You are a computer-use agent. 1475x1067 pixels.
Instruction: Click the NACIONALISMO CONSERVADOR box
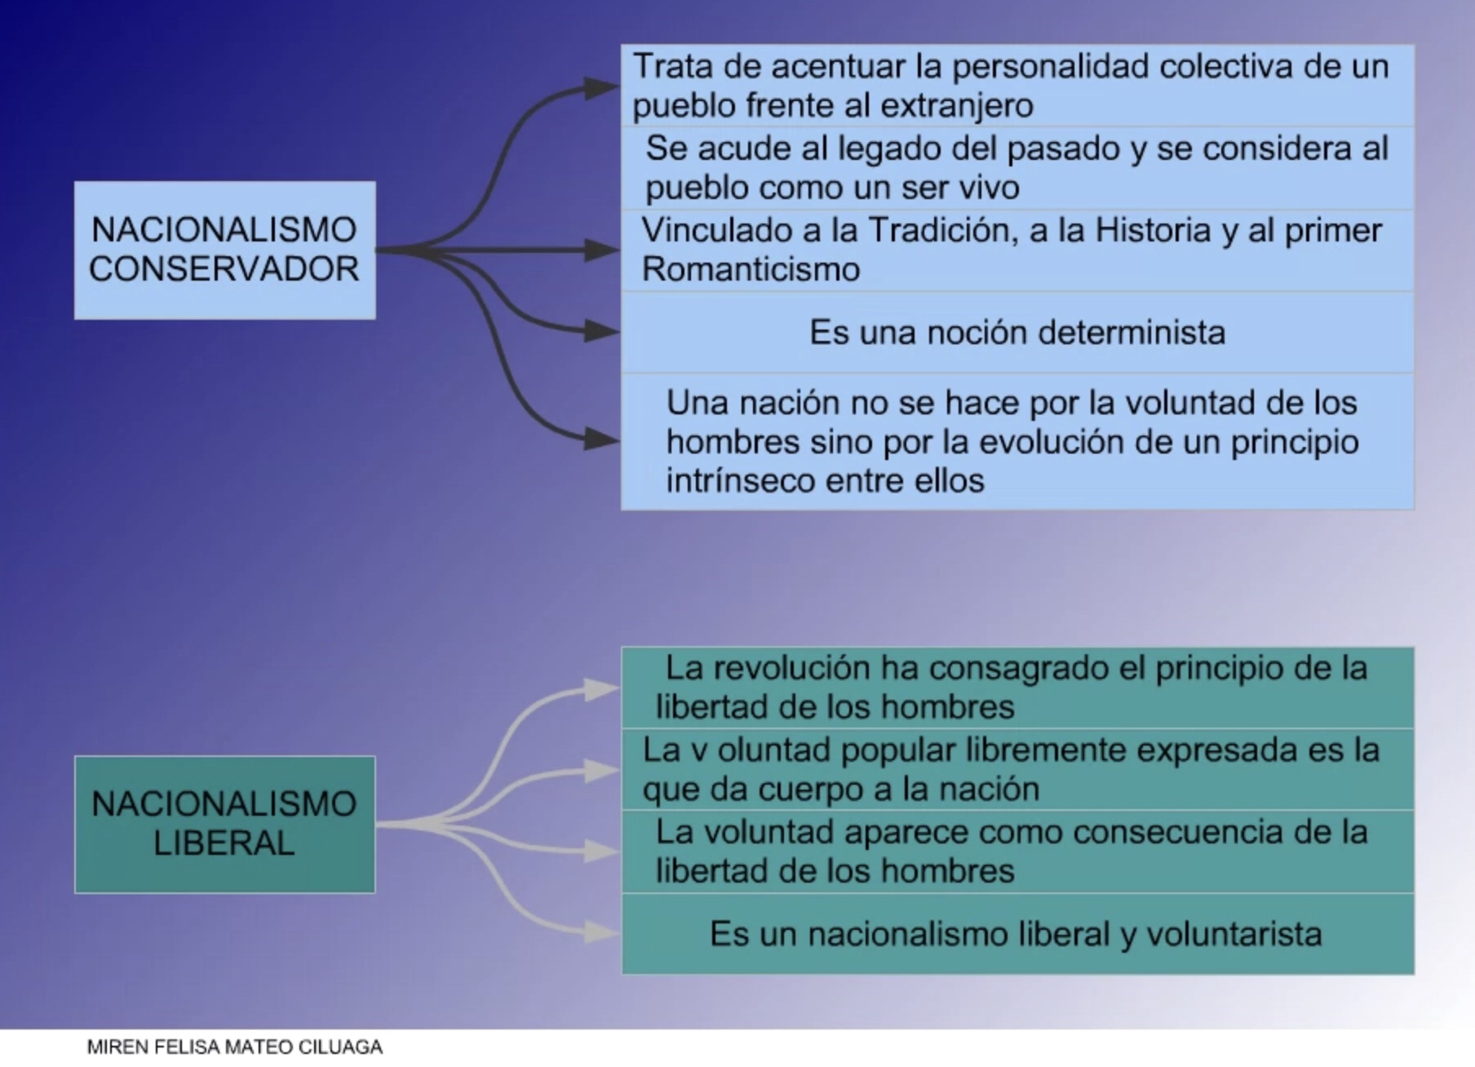(225, 250)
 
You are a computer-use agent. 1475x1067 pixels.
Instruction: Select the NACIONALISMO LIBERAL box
(225, 825)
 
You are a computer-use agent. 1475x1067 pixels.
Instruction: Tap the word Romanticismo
(751, 269)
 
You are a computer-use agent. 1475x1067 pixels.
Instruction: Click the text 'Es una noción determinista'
(1017, 333)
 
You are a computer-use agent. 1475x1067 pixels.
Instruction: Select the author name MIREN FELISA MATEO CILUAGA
(235, 1047)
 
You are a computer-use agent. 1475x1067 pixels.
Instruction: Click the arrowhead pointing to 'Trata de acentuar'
(602, 86)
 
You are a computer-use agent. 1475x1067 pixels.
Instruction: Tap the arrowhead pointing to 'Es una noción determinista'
(602, 331)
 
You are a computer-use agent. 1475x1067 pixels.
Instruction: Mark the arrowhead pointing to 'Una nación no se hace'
(602, 440)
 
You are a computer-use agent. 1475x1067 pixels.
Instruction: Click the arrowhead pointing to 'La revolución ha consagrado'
(602, 689)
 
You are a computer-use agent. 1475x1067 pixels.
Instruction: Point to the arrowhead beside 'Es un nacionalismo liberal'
(602, 932)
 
